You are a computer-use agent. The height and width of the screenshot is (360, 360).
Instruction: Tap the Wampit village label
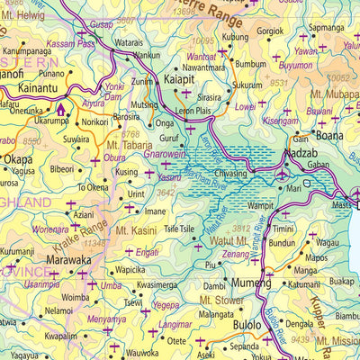click(259, 205)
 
